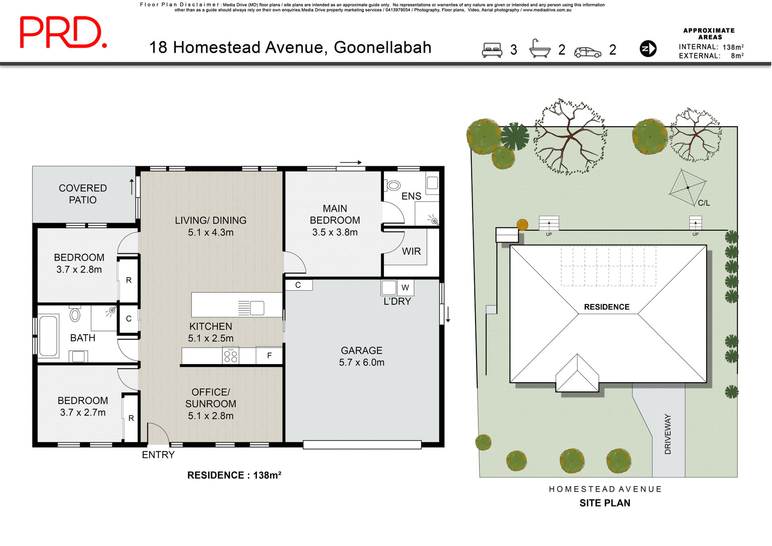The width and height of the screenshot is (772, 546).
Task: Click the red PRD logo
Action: click(x=63, y=32)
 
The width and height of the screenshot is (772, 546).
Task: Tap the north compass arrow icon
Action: click(x=648, y=49)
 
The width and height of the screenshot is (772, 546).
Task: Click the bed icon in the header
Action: click(x=492, y=50)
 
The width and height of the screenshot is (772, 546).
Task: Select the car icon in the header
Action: click(x=587, y=52)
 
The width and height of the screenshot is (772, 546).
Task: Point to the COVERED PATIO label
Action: click(x=82, y=194)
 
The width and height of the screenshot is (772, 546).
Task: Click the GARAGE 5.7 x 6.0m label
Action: click(x=361, y=356)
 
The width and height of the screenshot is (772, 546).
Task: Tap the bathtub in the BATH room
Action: click(x=48, y=336)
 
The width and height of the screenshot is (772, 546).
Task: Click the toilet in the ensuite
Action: click(x=393, y=185)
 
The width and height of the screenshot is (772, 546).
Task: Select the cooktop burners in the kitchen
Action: click(x=231, y=356)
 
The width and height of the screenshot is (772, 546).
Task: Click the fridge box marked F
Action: click(x=269, y=355)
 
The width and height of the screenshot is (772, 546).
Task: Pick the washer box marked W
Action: click(x=405, y=287)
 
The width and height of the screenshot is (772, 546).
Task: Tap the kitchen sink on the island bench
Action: click(x=257, y=308)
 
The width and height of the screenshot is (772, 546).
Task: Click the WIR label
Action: click(x=411, y=251)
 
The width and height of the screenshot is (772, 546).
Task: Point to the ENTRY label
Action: click(x=158, y=455)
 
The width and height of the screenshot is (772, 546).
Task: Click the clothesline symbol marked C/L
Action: click(x=688, y=187)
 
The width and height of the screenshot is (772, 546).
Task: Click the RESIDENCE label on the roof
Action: click(x=606, y=307)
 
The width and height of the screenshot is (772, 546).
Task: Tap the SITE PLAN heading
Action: click(x=604, y=503)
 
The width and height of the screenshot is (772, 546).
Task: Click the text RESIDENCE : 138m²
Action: click(x=234, y=475)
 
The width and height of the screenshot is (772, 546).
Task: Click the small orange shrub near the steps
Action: click(x=522, y=224)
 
